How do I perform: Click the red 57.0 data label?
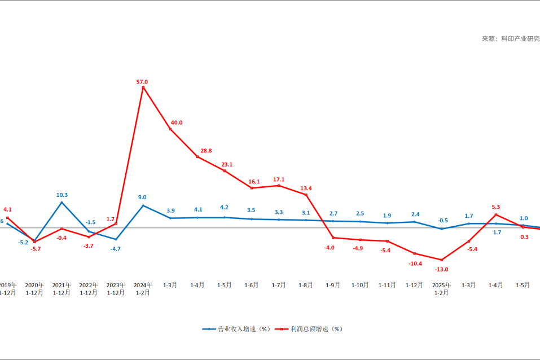pos(142,82)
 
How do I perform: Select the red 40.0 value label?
pos(177,122)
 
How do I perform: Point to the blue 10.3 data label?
pos(62,195)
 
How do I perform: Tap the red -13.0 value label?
pos(441,269)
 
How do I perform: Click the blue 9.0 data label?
pos(142,197)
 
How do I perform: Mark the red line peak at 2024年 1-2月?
pos(143,87)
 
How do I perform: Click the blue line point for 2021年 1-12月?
pos(62,202)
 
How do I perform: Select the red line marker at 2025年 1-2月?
pos(441,260)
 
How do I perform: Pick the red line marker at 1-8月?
pos(306,195)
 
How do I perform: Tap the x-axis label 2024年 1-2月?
pos(143,289)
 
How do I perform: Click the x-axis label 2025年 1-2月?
pos(441,289)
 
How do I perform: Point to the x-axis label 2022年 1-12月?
pos(89,289)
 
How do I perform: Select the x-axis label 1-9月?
pos(333,286)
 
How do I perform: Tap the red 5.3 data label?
pos(496,207)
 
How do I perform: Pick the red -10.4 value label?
pos(415,264)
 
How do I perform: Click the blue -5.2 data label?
pos(23,243)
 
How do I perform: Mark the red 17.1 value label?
pos(279,179)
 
